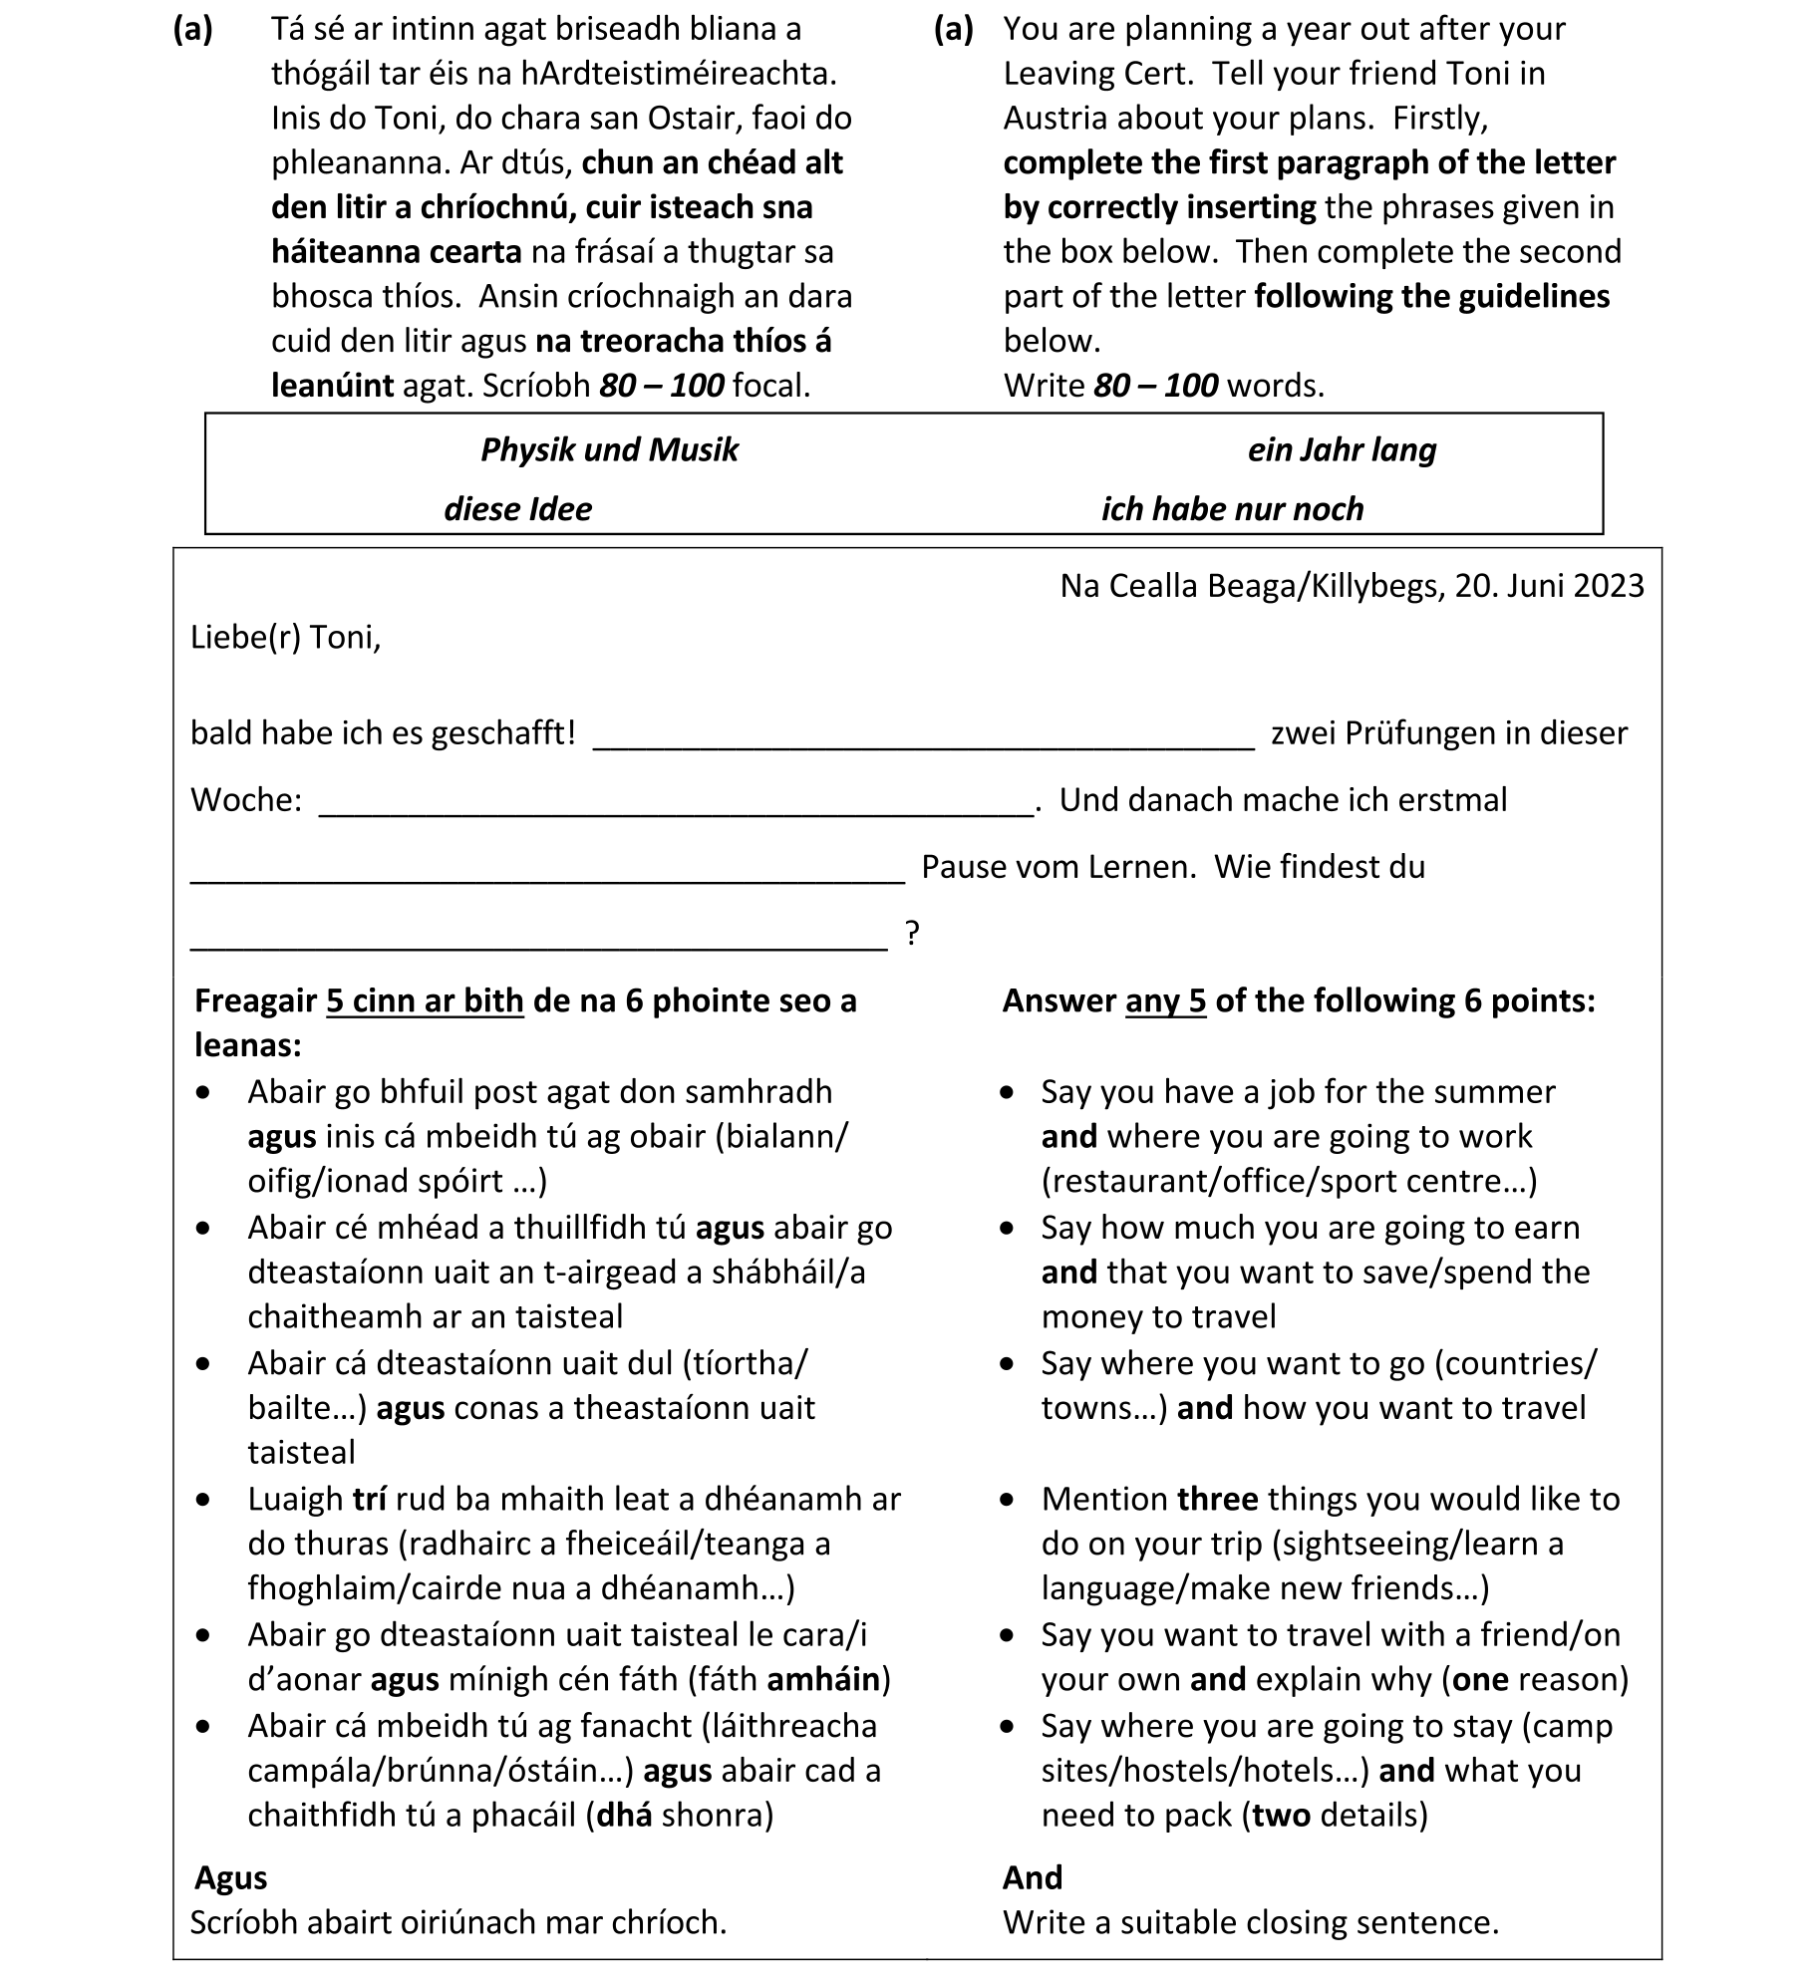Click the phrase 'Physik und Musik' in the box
click(x=609, y=450)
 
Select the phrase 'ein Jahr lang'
click(x=1342, y=450)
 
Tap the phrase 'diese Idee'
click(x=517, y=509)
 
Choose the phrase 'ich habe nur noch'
click(x=1232, y=509)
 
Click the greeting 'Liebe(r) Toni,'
click(x=286, y=637)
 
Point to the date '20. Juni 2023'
click(x=1549, y=586)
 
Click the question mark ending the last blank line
click(x=912, y=934)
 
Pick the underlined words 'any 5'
click(x=1165, y=1000)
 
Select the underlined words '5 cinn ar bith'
click(x=425, y=1000)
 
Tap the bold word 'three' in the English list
click(x=1217, y=1499)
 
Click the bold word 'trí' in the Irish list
click(x=369, y=1499)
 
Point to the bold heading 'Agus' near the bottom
click(x=231, y=1877)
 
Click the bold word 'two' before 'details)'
click(x=1281, y=1815)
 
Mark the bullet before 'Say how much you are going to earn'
click(x=1009, y=1229)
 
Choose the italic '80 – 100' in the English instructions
click(x=1155, y=386)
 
